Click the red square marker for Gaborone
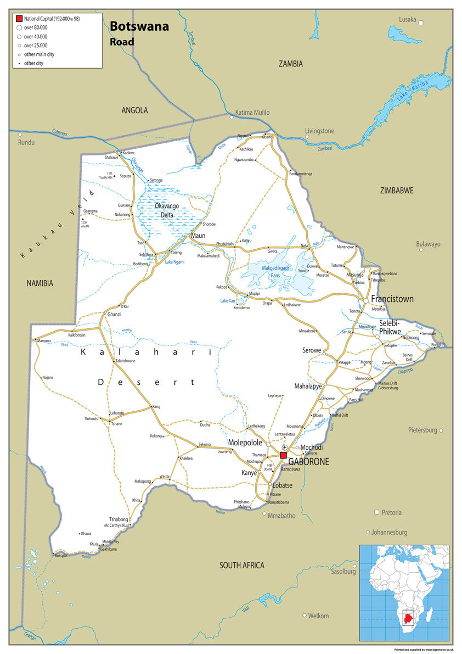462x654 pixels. (283, 455)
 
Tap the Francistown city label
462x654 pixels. (392, 299)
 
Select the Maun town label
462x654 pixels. (198, 236)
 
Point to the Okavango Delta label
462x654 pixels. (167, 210)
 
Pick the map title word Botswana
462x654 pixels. (139, 26)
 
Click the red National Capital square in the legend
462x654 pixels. (19, 19)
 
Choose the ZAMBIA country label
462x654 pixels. (290, 64)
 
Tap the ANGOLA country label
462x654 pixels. (134, 110)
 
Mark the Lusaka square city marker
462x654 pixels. (421, 23)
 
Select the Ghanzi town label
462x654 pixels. (114, 314)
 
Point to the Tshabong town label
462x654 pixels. (119, 519)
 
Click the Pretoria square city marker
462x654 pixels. (376, 512)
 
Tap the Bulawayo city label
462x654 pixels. (428, 244)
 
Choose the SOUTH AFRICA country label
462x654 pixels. (241, 565)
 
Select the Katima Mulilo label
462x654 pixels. (252, 113)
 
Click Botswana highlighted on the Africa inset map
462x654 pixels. (407, 618)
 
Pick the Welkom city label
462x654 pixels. (318, 616)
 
